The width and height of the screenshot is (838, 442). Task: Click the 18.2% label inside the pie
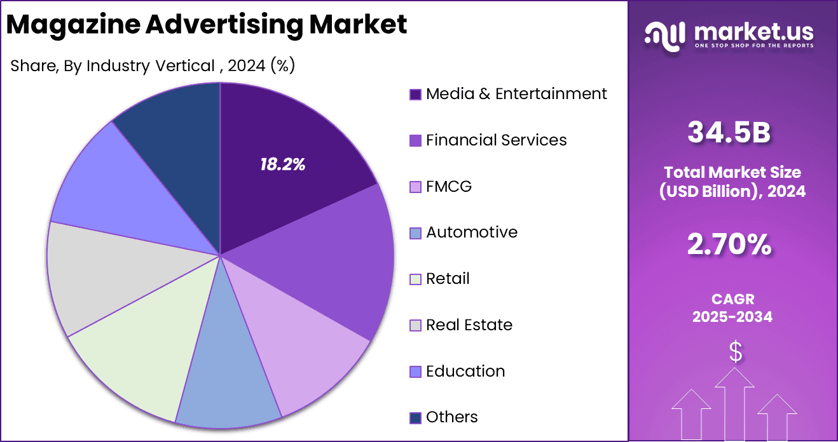click(x=282, y=165)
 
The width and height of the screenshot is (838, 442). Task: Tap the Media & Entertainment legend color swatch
click(x=415, y=95)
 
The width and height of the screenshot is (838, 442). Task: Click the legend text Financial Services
click(x=496, y=140)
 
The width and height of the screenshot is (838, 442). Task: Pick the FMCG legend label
click(x=449, y=186)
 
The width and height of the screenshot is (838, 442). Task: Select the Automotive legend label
click(x=472, y=232)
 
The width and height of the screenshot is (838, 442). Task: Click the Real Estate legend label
click(x=469, y=325)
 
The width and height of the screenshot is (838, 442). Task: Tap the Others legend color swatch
click(x=415, y=418)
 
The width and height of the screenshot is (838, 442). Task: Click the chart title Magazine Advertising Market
click(x=207, y=24)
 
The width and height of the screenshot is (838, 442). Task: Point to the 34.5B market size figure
click(x=729, y=133)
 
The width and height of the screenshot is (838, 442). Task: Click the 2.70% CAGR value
click(x=729, y=244)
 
